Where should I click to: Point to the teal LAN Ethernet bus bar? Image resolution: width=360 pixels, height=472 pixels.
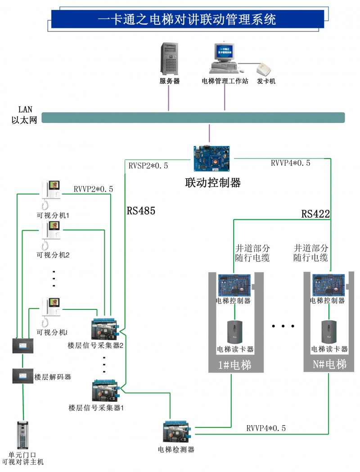[193, 118]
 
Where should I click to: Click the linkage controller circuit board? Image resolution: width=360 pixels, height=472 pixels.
[212, 159]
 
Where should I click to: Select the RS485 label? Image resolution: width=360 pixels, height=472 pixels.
[141, 210]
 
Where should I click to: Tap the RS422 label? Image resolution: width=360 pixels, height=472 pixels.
[315, 214]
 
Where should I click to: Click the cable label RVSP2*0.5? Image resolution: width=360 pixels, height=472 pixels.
[148, 165]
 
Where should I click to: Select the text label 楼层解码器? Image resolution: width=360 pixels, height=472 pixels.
[53, 377]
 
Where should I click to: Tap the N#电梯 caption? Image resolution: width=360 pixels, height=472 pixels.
[329, 364]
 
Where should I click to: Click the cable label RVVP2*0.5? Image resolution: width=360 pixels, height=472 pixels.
[93, 189]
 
